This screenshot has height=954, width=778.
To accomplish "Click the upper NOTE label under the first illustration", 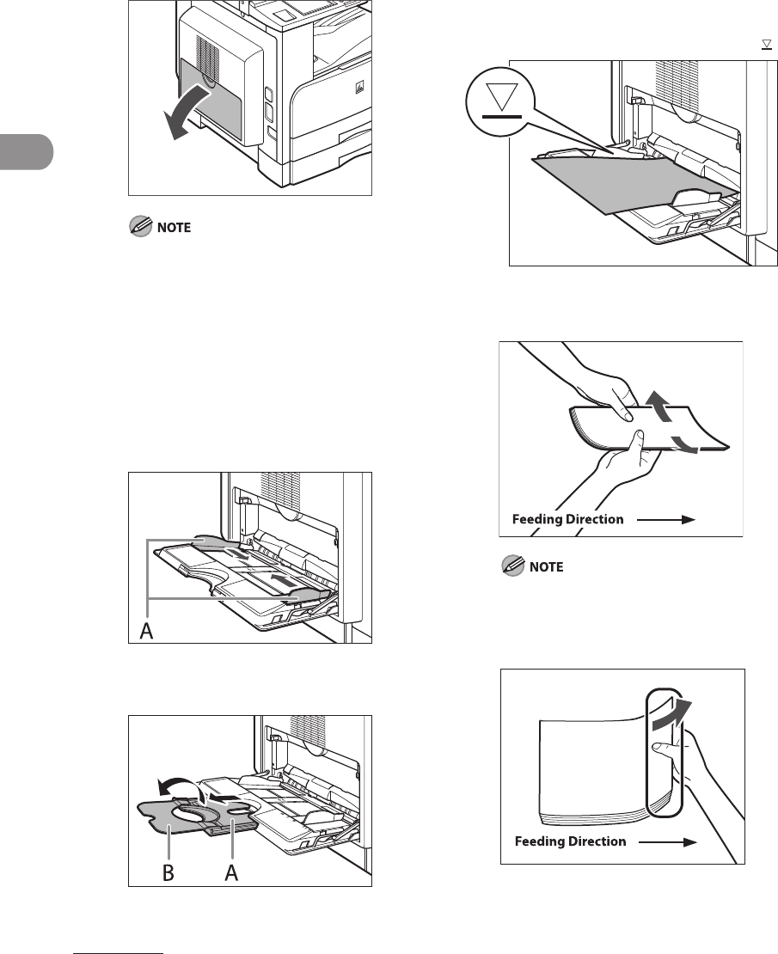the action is click(168, 228).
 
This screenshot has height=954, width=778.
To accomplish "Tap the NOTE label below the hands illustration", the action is click(543, 568).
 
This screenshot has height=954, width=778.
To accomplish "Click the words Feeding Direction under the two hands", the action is click(567, 519).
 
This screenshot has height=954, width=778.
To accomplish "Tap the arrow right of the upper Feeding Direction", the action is click(671, 519).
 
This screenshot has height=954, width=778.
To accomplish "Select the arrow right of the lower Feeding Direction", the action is click(672, 841).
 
